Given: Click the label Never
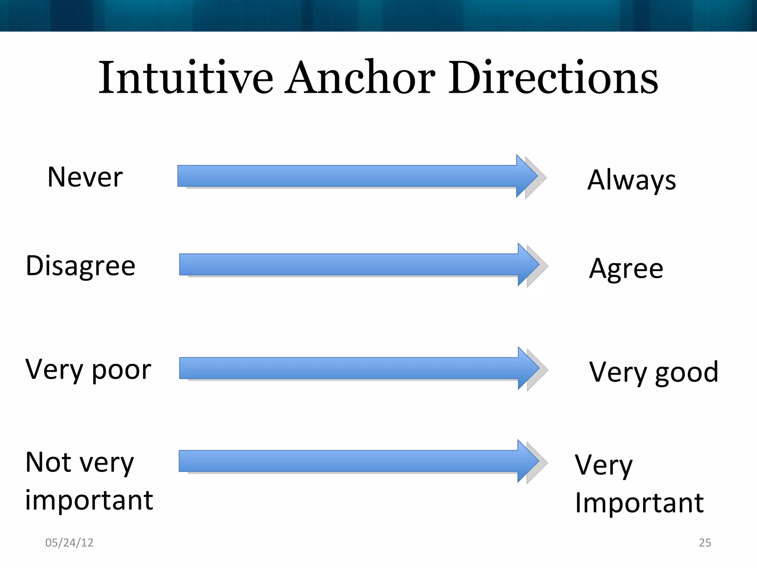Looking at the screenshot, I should coord(85,177).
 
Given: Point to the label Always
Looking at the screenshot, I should coord(632,180).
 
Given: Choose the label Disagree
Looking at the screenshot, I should coord(81,266).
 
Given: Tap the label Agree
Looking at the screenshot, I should coord(626,269).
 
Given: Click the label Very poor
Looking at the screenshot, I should coord(88,370).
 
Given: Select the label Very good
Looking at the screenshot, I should coord(654,372).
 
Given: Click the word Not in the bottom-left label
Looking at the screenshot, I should coord(48,462).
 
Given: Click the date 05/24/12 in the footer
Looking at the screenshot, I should coord(69,542).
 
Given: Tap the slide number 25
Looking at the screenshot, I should coord(705,542).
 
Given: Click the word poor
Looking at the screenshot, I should coord(121,371).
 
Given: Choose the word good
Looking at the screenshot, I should coord(687,373).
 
